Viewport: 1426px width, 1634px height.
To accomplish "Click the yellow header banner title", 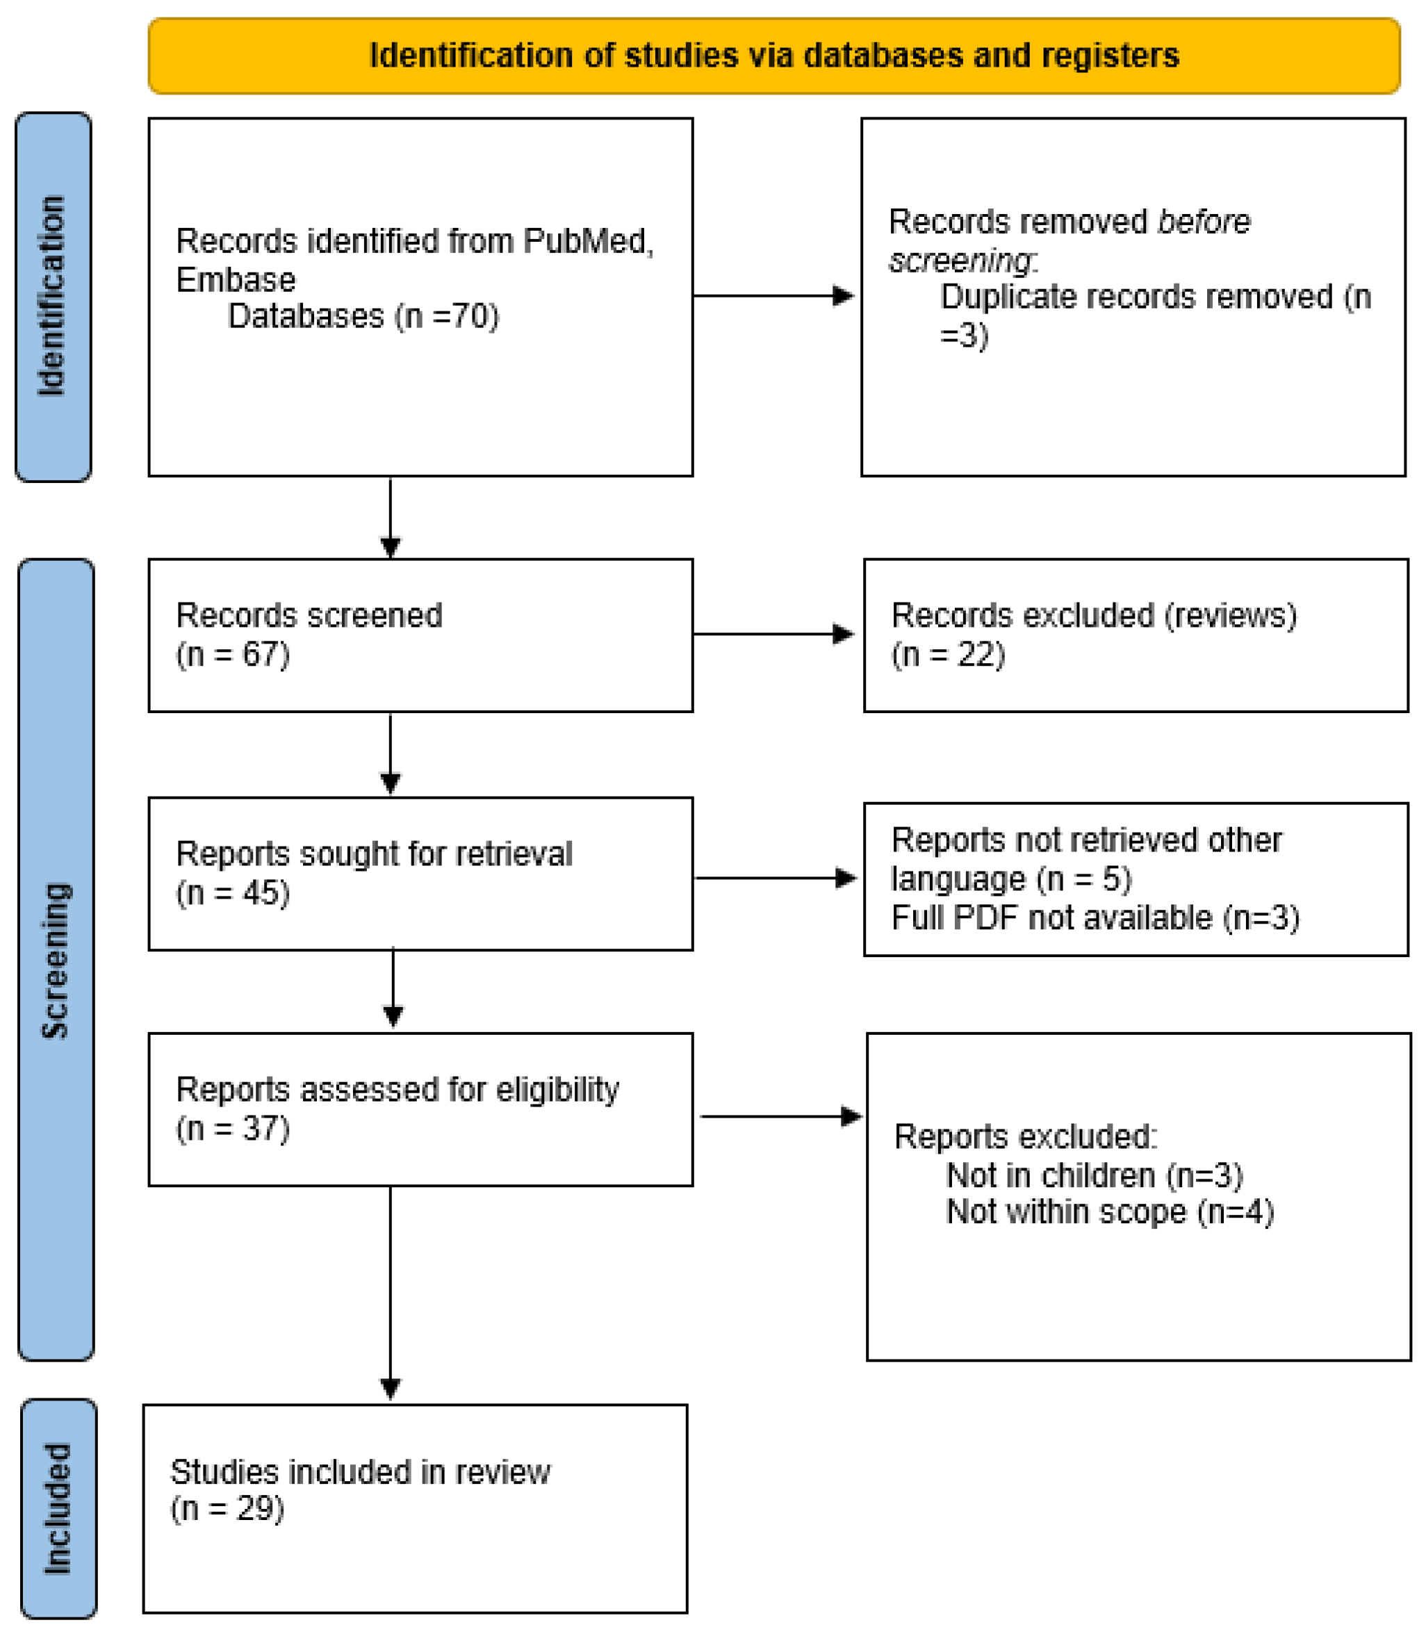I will pos(773,56).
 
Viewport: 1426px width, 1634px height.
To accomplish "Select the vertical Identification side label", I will pos(53,296).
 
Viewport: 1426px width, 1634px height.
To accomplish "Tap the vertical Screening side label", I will pos(56,961).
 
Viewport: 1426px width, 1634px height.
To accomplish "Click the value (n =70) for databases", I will pos(446,317).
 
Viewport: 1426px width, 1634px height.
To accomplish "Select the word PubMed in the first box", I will pos(585,241).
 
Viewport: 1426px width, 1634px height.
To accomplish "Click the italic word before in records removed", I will pos(1203,222).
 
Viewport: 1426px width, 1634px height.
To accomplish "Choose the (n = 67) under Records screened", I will pos(232,654).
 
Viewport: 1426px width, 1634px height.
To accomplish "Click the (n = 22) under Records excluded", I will pos(948,654).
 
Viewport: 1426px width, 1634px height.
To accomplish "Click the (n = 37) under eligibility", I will pos(232,1128).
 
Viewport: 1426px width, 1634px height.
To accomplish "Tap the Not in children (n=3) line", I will pos(1093,1175).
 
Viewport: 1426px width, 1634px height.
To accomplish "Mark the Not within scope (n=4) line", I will pos(1109,1212).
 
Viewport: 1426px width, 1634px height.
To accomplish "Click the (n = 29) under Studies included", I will pos(227,1508).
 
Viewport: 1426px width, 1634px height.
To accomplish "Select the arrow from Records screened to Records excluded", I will pos(773,635).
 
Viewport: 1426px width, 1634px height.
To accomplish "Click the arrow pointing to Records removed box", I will pos(773,296).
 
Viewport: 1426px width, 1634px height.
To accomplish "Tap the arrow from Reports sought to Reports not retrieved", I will pos(776,878).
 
